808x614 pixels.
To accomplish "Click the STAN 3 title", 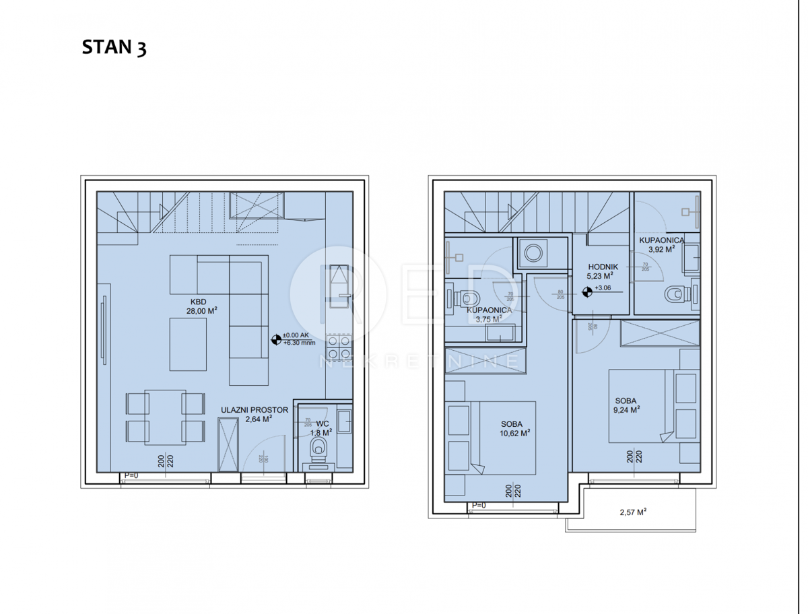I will coord(114,48).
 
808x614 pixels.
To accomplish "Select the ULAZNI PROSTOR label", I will coord(255,413).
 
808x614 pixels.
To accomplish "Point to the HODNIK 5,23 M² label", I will coord(599,271).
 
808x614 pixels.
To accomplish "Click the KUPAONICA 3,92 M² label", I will coord(662,244).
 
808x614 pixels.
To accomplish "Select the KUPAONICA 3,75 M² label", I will coord(490,315).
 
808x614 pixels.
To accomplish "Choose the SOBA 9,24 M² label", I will coord(625,404).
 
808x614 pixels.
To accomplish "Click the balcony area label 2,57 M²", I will coord(632,512).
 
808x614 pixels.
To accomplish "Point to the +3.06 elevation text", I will coord(603,288).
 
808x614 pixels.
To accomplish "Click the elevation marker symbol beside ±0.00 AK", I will coord(275,340).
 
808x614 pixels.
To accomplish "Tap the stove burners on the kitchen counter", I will coord(338,347).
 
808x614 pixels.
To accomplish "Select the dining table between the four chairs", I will coord(166,417).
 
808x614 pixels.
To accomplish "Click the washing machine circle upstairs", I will coord(535,253).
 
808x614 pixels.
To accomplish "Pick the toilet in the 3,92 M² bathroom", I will coord(675,294).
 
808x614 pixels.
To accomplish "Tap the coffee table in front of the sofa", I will coord(188,344).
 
